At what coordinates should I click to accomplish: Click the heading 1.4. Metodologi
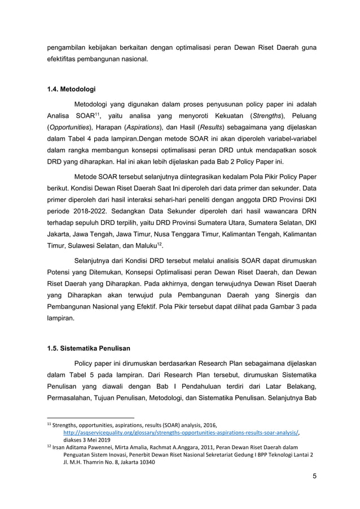coord(71,89)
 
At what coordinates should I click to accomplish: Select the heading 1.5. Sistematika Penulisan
coord(87,348)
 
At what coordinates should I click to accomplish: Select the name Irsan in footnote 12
coord(62,447)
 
